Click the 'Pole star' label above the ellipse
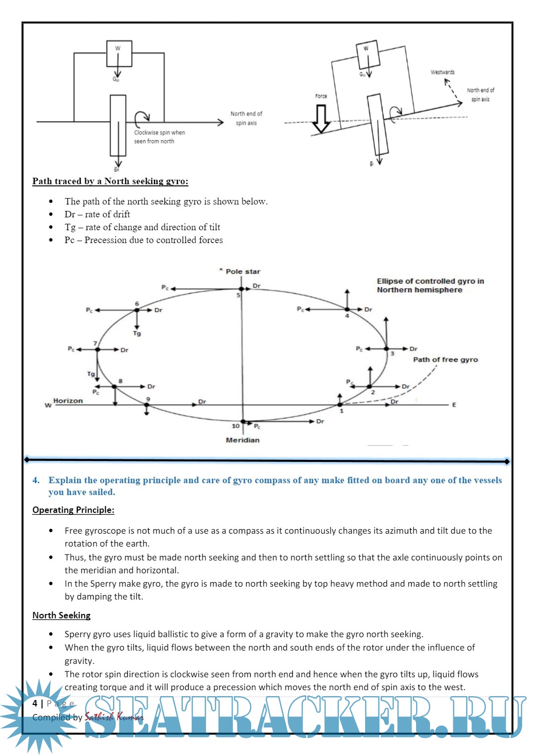(243, 271)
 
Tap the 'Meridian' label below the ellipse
(242, 440)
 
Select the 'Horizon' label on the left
(68, 401)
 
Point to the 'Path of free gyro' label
(445, 360)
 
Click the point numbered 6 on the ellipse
(137, 310)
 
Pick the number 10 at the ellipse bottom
(236, 426)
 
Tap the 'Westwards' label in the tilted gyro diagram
(442, 72)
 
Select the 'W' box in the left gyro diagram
(119, 53)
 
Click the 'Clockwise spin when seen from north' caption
(159, 137)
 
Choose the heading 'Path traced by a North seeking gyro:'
(110, 181)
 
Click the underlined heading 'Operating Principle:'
(73, 510)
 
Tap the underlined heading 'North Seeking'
(61, 615)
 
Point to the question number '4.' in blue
(36, 480)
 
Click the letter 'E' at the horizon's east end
(454, 405)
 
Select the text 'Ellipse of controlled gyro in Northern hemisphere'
(430, 285)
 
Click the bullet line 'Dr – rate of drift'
(97, 214)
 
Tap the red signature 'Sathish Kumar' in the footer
(113, 717)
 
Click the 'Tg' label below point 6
(137, 334)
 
